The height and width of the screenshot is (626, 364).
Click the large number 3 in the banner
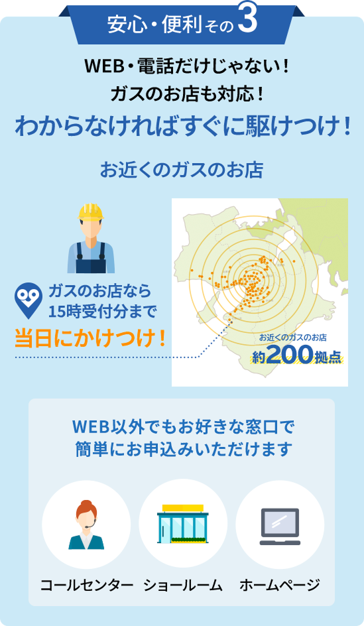coord(246,22)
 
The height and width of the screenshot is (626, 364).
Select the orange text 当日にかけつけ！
coord(90,337)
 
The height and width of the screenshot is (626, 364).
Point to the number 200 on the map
coord(289,356)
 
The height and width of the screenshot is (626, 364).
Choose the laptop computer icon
coord(280,526)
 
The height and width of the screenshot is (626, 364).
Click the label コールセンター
coord(86,585)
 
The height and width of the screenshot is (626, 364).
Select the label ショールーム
coord(182,585)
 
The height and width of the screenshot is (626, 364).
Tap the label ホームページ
coord(279,585)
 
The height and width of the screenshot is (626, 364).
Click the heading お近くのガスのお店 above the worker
coord(182,170)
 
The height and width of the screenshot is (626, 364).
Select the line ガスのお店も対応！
coord(182,94)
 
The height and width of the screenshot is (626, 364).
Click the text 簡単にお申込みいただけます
coord(182,449)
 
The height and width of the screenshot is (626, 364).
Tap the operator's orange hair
coord(86,508)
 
